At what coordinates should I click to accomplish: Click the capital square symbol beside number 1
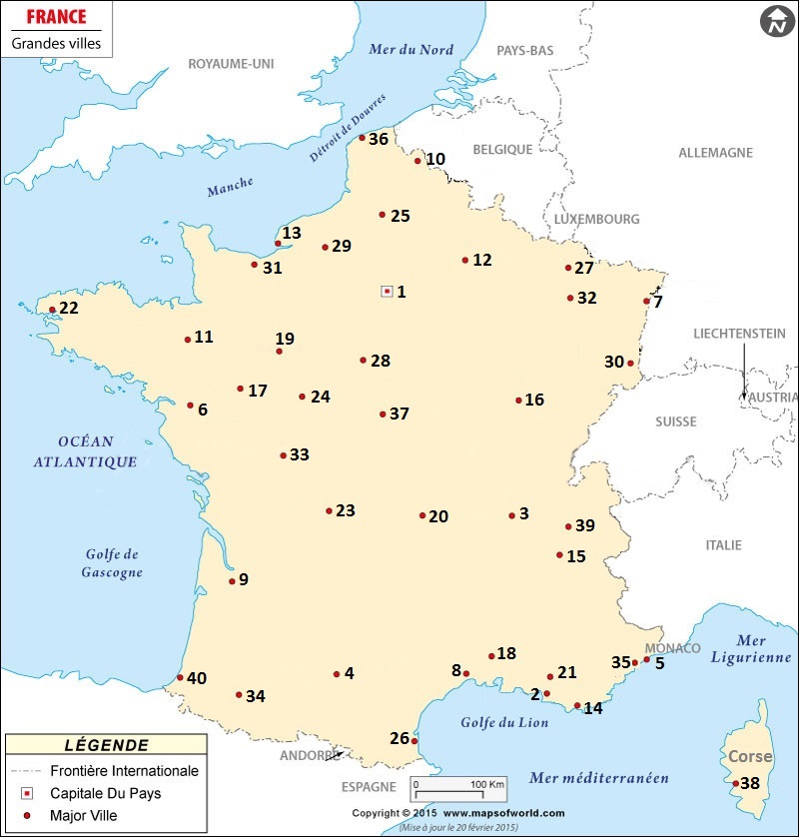pos(387,291)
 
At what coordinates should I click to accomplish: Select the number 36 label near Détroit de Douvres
pos(379,140)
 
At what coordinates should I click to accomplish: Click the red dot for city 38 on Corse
pos(736,783)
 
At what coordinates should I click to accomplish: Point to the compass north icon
pos(775,22)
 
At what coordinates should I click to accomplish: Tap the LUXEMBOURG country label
pos(596,219)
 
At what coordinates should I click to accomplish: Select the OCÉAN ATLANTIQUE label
pos(85,451)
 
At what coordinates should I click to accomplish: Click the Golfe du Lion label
pos(504,723)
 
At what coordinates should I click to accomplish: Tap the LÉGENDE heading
pos(106,745)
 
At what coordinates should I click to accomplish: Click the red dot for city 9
pos(232,581)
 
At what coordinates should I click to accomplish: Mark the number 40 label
pos(196,679)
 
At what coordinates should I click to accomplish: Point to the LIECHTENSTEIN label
pos(739,334)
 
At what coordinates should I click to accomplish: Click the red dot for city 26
pos(413,741)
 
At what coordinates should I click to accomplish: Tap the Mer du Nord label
pos(411,50)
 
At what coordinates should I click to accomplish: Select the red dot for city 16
pos(518,401)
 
